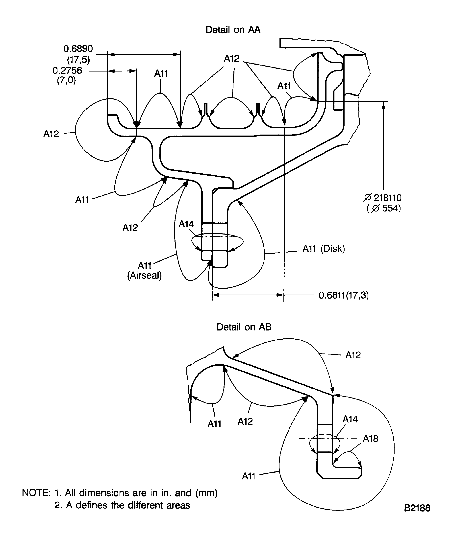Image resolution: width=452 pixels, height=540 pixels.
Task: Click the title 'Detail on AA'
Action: pos(233,30)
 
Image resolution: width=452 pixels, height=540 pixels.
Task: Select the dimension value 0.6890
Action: pos(78,49)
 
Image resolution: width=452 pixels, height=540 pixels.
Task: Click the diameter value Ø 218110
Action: pos(382,198)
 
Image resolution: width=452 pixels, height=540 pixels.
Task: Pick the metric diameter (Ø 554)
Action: pos(384,208)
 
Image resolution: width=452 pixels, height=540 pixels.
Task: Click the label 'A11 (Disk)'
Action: pos(324,249)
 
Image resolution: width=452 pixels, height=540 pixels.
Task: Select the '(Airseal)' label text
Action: pos(144,275)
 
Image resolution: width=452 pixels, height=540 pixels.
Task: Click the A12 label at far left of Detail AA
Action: pos(51,134)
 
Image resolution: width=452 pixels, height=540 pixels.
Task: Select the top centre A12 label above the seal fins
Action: pos(231,59)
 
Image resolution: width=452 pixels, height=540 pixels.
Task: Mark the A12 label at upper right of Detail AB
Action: pos(353,355)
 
